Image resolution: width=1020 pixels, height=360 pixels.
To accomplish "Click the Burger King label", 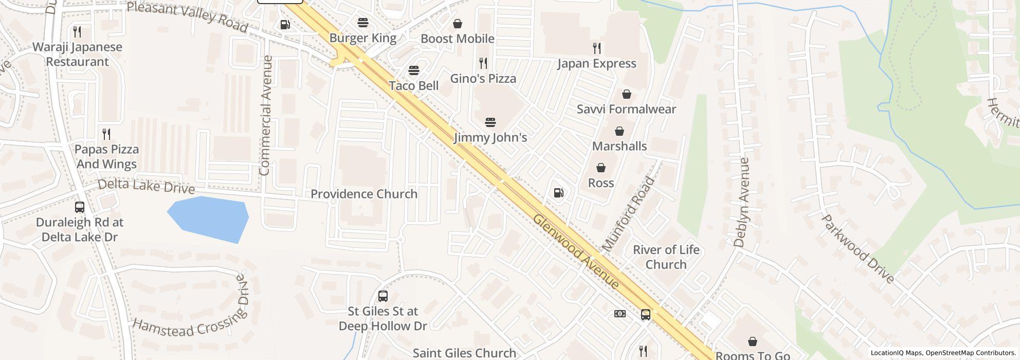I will click(363, 38).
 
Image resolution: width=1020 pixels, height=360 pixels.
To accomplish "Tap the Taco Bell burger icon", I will click(414, 70).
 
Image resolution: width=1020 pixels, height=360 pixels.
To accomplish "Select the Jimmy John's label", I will click(490, 138).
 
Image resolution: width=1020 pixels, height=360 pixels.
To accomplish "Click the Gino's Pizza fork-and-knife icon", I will click(483, 63).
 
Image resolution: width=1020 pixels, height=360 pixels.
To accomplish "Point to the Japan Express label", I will click(597, 64).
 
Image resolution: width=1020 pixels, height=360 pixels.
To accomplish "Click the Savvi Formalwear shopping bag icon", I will click(626, 94).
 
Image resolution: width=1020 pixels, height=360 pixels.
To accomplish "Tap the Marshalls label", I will click(620, 146).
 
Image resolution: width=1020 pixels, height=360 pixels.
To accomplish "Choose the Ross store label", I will click(601, 183).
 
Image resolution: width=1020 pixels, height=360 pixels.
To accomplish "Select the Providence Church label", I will click(364, 194).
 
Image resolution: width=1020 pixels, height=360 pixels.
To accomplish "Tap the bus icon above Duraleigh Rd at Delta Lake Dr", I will click(80, 207).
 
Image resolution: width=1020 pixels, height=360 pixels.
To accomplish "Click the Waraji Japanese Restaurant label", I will click(78, 54).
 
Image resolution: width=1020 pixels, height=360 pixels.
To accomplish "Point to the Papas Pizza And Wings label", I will click(106, 156).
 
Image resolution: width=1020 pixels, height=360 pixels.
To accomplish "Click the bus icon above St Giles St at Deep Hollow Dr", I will click(383, 296).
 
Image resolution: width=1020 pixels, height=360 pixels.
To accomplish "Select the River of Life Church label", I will click(666, 257).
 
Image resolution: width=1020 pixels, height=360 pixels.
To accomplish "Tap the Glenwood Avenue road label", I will click(576, 250).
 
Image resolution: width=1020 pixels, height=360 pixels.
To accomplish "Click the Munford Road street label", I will click(628, 214).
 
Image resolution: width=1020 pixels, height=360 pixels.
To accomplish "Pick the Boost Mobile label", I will click(458, 39).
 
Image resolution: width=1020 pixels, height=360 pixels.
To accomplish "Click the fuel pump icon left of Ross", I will click(559, 193).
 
